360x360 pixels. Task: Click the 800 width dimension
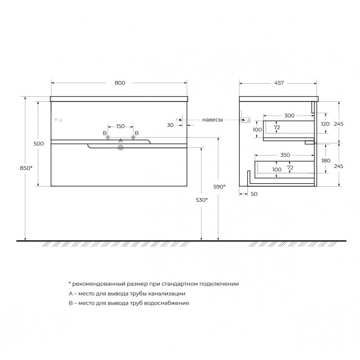[x=120, y=83]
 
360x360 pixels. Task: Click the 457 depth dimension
[x=279, y=83]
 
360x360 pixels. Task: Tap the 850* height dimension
[x=26, y=168]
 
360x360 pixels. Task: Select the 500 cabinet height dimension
[x=39, y=144]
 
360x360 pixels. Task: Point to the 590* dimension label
[x=219, y=187]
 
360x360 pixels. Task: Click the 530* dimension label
[x=202, y=200]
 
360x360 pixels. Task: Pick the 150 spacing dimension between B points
[x=121, y=126]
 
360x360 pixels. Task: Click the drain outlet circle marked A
[x=121, y=148]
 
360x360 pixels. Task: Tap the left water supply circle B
[x=108, y=137]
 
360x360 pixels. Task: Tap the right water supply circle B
[x=133, y=137]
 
